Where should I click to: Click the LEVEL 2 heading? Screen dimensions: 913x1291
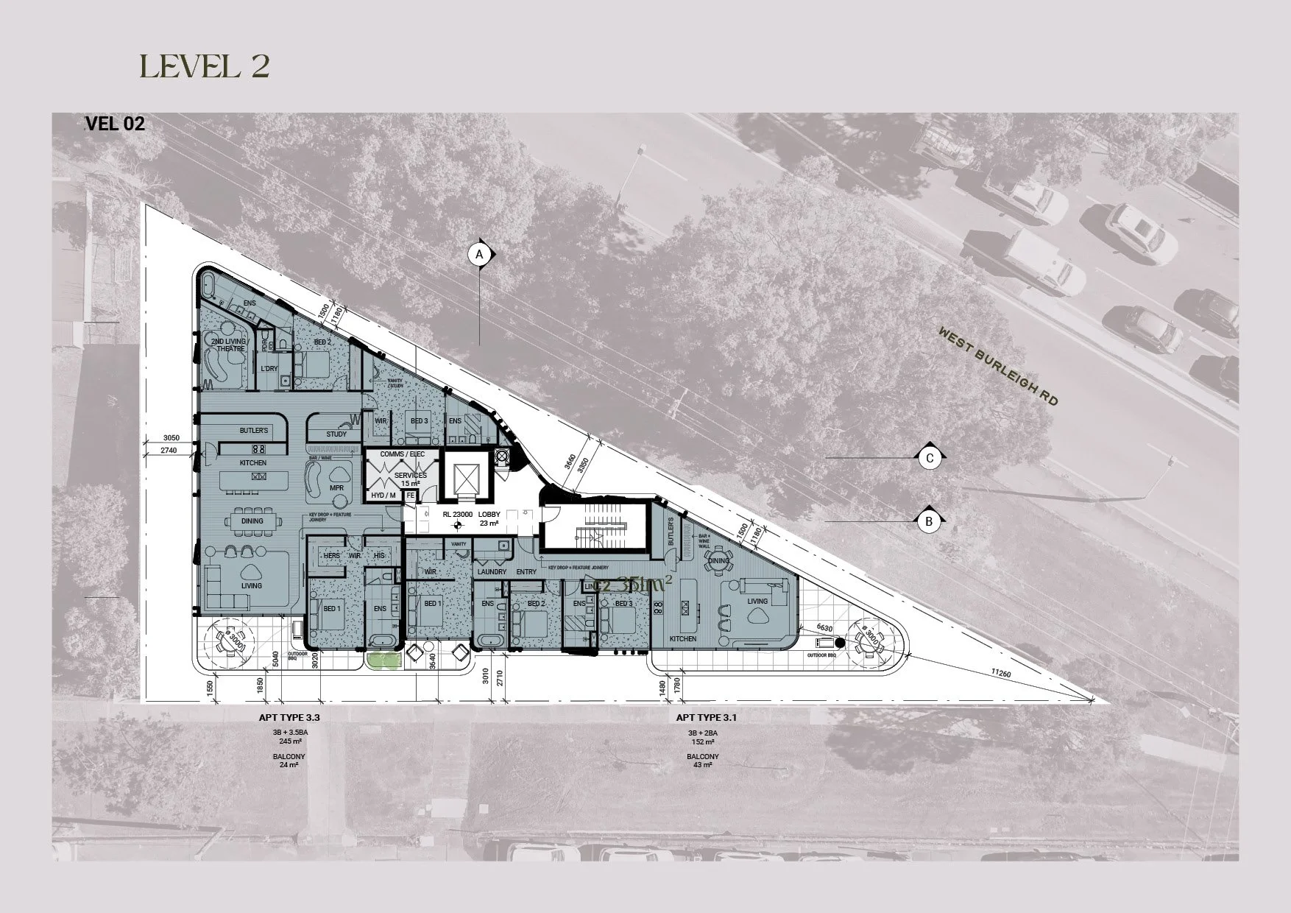click(204, 66)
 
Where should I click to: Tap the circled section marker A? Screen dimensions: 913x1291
click(479, 255)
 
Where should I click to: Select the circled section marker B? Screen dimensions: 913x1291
click(929, 521)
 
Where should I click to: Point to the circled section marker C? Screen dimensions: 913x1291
click(930, 458)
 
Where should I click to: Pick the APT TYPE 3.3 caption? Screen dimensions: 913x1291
click(289, 716)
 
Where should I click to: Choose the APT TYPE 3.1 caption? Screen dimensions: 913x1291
click(707, 716)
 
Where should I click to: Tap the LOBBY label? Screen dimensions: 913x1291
click(489, 514)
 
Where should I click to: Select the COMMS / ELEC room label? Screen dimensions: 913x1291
click(403, 455)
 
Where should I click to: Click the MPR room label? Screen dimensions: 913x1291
click(337, 488)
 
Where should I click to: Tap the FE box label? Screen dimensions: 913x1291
click(410, 496)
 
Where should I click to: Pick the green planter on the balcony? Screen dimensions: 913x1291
click(383, 660)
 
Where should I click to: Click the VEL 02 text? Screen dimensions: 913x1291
click(115, 124)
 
